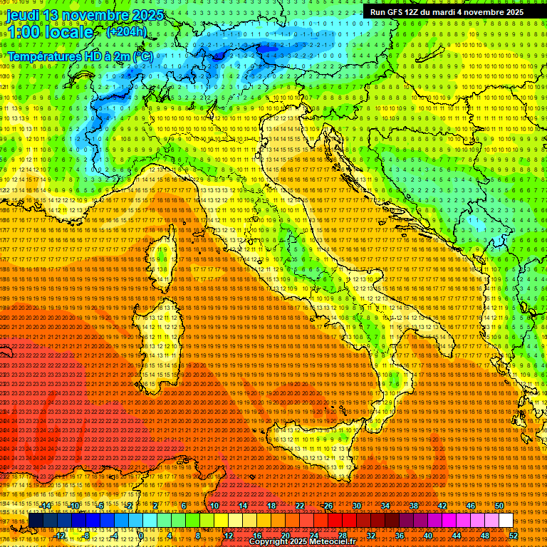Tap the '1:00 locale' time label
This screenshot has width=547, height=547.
click(x=51, y=32)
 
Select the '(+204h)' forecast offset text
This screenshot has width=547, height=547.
click(x=126, y=31)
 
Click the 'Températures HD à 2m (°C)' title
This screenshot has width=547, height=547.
click(x=80, y=56)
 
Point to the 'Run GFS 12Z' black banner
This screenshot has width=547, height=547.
click(x=447, y=12)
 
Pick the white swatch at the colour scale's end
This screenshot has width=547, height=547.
click(x=506, y=521)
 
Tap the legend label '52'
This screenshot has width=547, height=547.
click(x=514, y=536)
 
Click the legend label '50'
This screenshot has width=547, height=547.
click(x=499, y=506)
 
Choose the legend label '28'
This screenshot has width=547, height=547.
click(x=342, y=536)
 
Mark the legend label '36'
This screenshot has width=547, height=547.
click(x=399, y=536)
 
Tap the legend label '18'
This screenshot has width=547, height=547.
click(x=271, y=506)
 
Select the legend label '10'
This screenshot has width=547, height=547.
click(x=214, y=506)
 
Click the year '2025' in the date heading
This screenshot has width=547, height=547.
click(x=147, y=14)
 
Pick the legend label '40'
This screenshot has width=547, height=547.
click(x=427, y=536)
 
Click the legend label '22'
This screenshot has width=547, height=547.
click(x=299, y=506)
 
